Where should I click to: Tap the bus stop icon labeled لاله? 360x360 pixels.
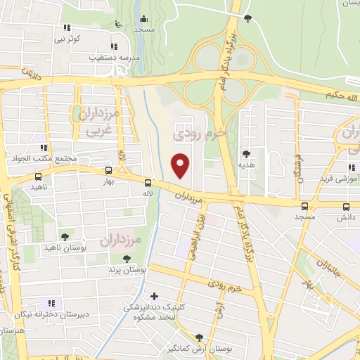tap(147, 184)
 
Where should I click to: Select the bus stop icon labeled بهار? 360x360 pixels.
tap(108, 170)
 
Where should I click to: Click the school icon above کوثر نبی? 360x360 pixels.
tap(67, 27)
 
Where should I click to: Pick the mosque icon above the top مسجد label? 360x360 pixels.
tap(144, 19)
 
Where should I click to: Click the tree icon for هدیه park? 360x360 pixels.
tap(245, 153)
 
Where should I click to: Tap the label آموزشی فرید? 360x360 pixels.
tap(339, 179)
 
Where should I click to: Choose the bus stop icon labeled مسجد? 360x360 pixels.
tap(304, 206)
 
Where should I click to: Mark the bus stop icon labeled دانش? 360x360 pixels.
tap(346, 207)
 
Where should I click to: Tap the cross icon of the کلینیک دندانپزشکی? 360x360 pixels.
tap(155, 296)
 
